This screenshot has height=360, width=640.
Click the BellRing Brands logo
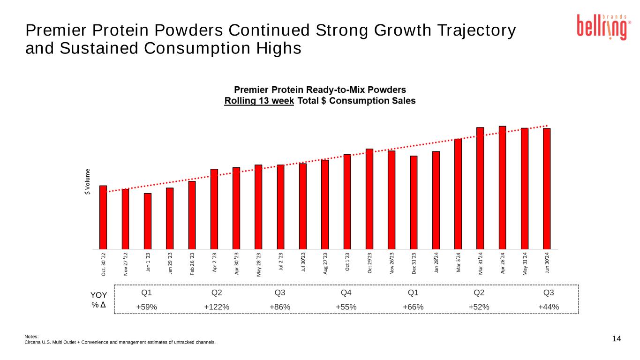[x=602, y=27]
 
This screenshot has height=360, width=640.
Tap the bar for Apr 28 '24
[x=502, y=187]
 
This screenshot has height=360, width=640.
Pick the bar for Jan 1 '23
[x=148, y=221]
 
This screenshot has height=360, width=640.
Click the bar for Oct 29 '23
[x=369, y=199]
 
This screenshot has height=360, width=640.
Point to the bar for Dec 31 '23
[x=414, y=202]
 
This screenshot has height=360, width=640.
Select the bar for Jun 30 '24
[x=547, y=188]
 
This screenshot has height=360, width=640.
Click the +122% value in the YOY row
[x=217, y=307]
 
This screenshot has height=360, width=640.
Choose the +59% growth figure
[x=146, y=307]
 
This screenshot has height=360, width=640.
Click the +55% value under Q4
[x=346, y=307]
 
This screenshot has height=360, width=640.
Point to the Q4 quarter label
[x=346, y=293]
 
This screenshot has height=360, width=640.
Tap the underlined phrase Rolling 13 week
[x=259, y=101]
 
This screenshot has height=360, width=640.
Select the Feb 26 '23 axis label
[x=192, y=265]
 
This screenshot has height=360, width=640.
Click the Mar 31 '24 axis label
[x=480, y=265]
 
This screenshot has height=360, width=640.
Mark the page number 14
[x=617, y=339]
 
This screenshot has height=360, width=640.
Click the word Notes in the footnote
[x=31, y=336]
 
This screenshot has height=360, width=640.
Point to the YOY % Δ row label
[x=99, y=300]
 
